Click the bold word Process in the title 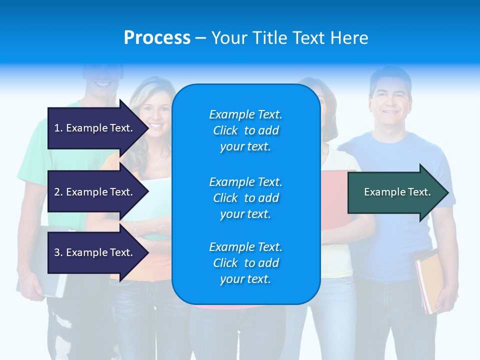[157, 38]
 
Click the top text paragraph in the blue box [245, 130]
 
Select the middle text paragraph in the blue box [245, 198]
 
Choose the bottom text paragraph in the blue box [245, 263]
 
